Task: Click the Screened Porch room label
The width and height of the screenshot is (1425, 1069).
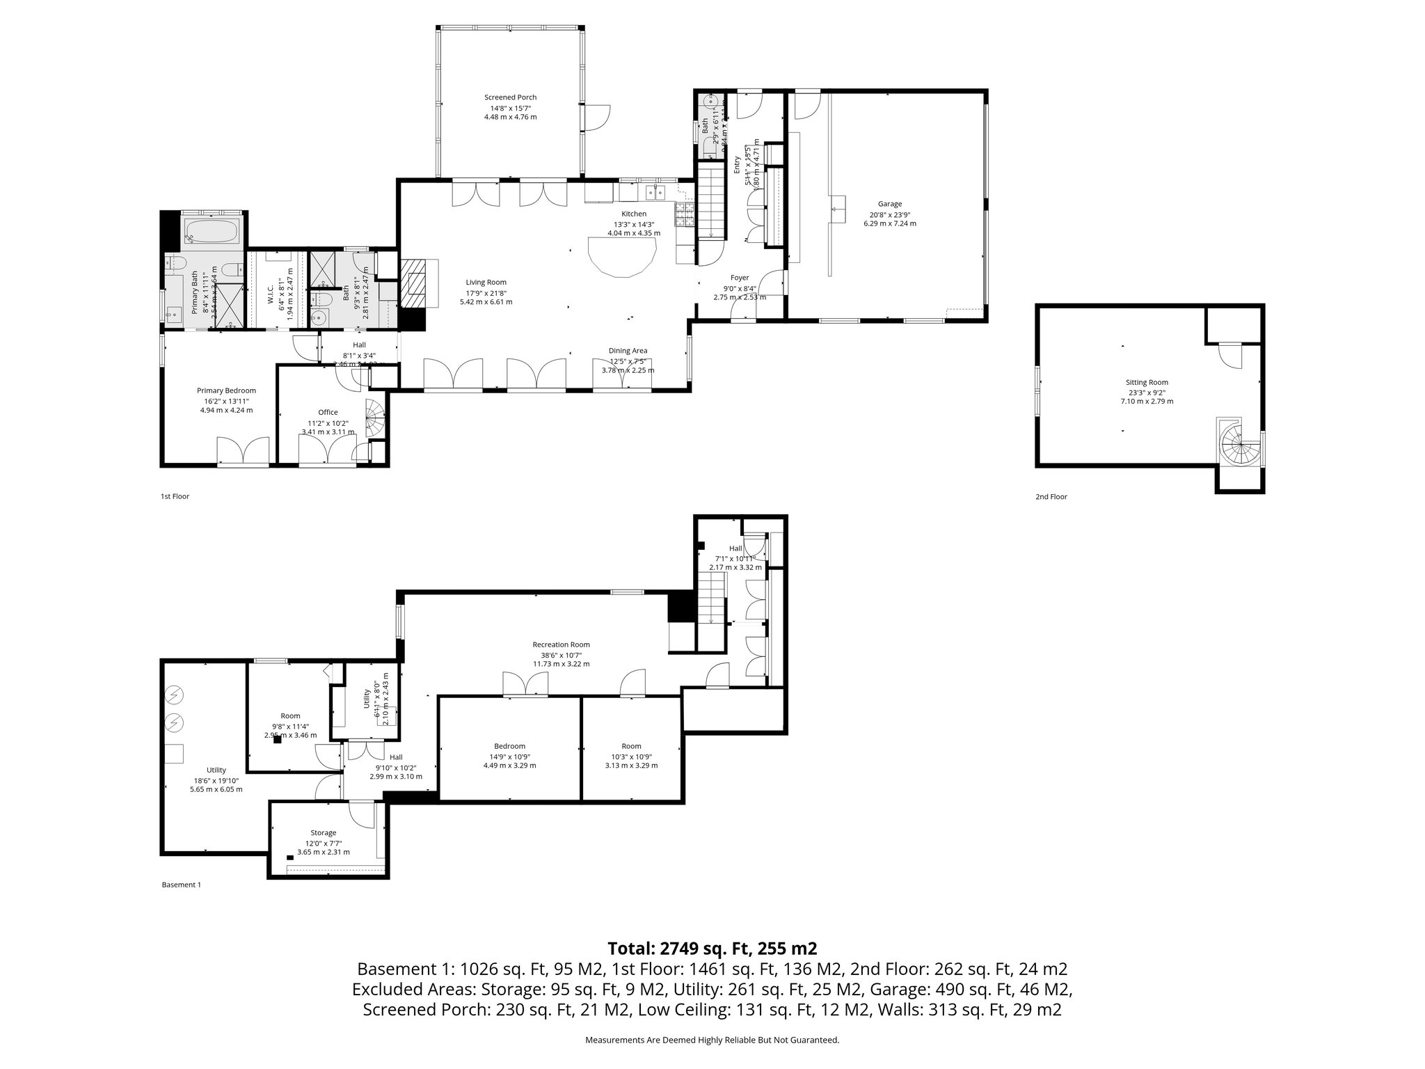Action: (510, 97)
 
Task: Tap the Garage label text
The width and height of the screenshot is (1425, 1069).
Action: (889, 204)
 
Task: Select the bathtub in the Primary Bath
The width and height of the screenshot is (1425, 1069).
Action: (212, 230)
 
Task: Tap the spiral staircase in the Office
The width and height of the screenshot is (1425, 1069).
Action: (376, 419)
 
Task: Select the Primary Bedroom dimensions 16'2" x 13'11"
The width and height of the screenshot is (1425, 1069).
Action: (226, 401)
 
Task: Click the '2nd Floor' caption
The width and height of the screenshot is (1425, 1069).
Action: (1051, 497)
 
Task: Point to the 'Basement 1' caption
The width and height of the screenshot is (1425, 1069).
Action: (181, 885)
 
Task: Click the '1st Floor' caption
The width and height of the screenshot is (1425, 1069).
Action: (175, 496)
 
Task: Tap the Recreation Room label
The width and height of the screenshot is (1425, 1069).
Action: (561, 644)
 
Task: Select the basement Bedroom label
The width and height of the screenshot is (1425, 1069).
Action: (509, 746)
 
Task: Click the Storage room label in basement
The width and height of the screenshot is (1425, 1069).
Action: (323, 832)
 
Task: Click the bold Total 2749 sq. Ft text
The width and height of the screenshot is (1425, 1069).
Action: (712, 948)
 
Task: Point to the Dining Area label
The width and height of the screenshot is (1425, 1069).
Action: (628, 351)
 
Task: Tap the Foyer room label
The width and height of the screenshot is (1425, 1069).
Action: (739, 278)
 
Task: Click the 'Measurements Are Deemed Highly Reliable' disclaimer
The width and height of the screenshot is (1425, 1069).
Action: (712, 1040)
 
